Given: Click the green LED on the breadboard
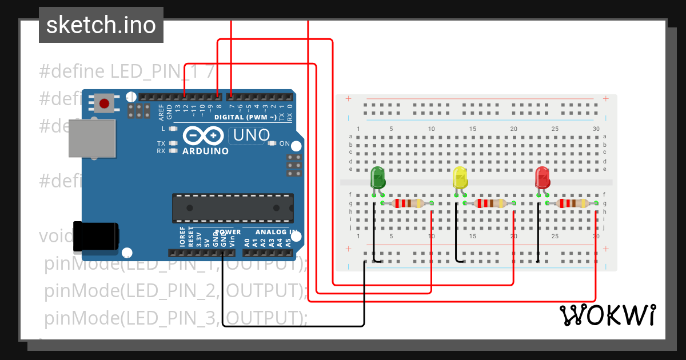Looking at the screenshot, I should click(x=378, y=178).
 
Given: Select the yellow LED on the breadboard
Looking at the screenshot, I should click(x=460, y=178).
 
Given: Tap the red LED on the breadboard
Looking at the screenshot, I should click(x=543, y=178).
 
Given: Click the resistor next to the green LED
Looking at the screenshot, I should click(x=406, y=203).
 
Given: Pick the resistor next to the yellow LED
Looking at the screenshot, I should click(x=489, y=203).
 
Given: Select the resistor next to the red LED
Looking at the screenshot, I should click(x=572, y=203).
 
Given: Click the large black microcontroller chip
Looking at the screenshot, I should click(x=233, y=208).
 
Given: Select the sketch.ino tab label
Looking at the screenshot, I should click(x=101, y=25).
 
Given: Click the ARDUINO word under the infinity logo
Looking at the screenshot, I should click(x=205, y=151).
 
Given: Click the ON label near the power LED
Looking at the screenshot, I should click(x=284, y=143).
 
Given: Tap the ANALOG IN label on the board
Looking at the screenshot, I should click(x=276, y=232).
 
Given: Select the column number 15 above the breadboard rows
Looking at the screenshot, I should click(x=473, y=129).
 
